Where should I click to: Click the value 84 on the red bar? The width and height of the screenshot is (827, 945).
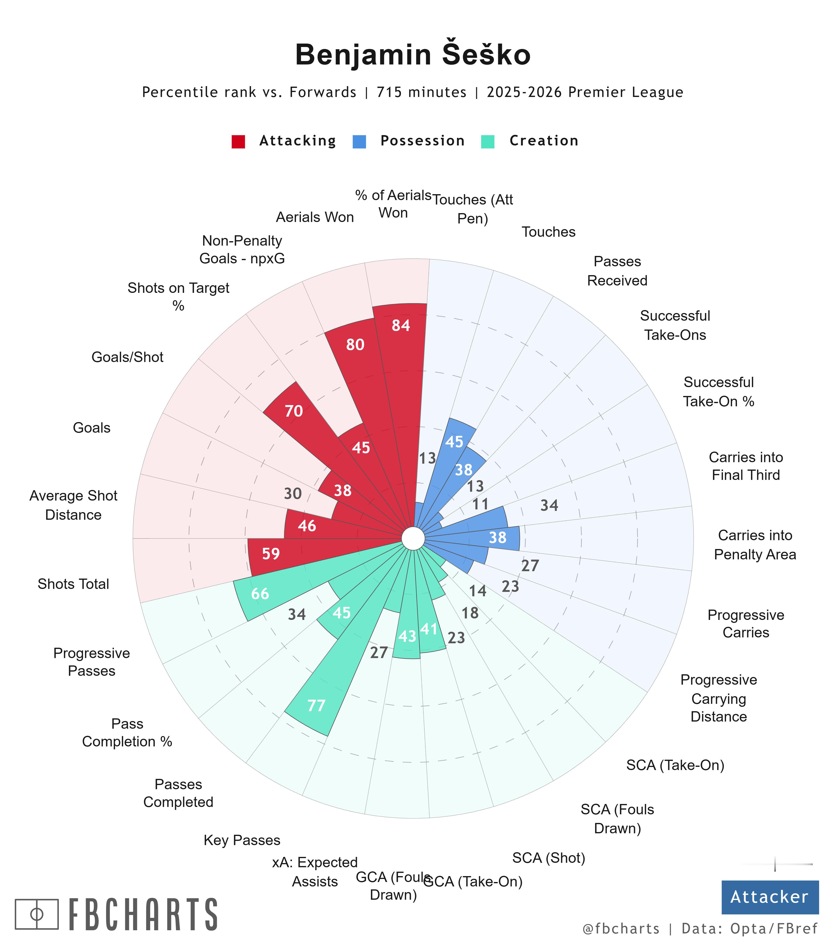(401, 326)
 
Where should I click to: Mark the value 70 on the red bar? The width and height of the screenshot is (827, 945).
(293, 411)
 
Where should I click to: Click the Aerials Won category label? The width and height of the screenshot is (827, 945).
(315, 217)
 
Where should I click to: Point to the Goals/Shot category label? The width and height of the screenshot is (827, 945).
(127, 357)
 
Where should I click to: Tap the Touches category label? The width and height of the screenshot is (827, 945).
(548, 232)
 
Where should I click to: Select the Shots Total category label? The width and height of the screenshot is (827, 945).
(73, 584)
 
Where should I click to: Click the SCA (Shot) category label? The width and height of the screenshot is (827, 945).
(548, 858)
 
